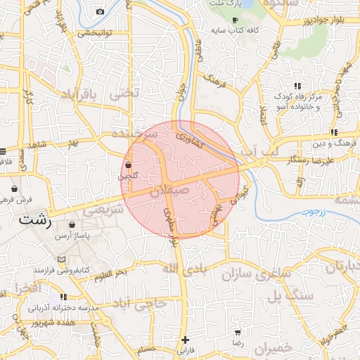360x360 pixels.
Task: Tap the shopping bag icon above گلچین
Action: tap(127, 165)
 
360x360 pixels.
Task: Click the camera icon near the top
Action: tap(100, 11)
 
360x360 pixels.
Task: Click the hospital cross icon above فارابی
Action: tap(185, 340)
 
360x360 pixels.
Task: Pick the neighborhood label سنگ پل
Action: tap(295, 296)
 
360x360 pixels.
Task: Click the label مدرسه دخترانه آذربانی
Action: tap(58, 308)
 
